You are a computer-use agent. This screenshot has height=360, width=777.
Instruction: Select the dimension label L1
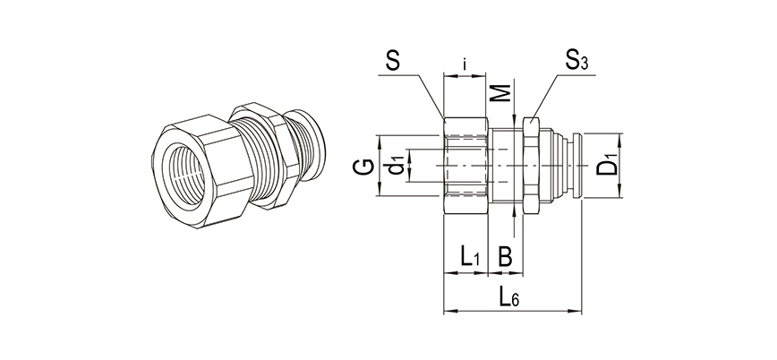(x=469, y=257)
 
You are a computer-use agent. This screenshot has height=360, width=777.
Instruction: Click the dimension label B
(x=505, y=257)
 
